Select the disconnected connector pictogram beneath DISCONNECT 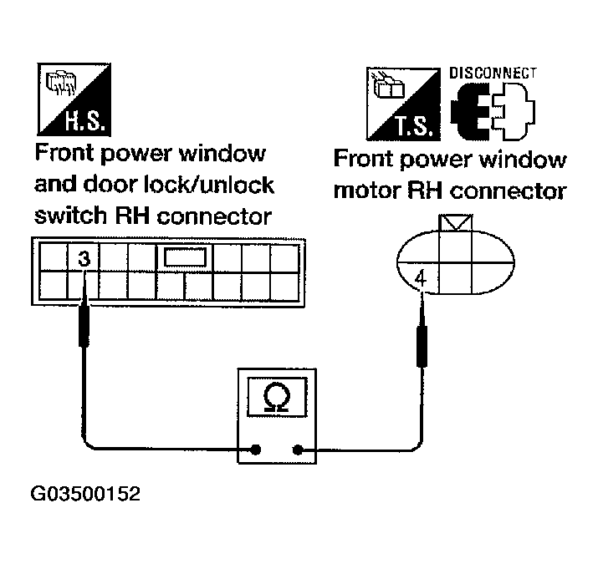pos(493,112)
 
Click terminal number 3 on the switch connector pos(84,258)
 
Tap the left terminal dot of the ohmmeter pos(256,450)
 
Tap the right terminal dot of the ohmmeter pos(297,450)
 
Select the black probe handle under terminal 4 pos(422,343)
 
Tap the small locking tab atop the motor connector pos(456,223)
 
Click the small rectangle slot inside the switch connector pos(185,257)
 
